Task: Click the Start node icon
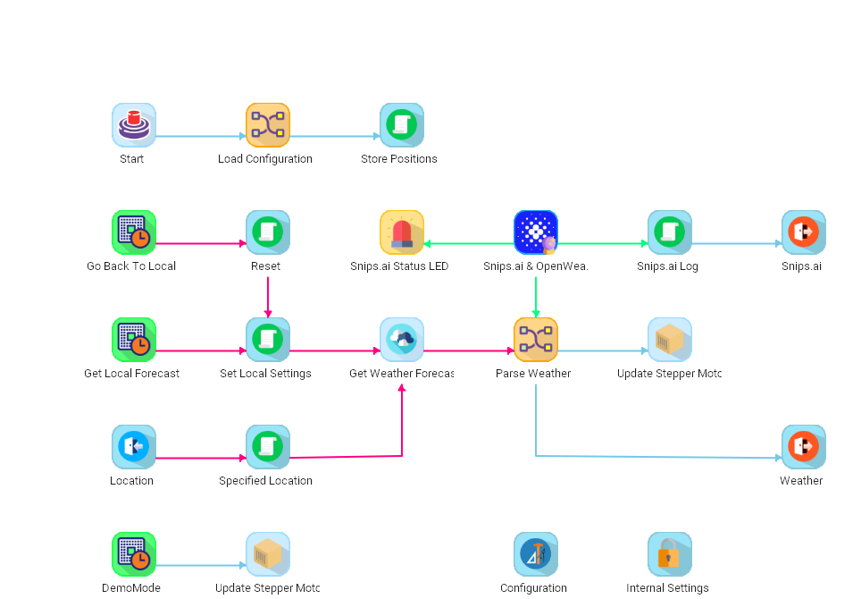[134, 125]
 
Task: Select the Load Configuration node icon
[268, 125]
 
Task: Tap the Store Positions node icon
[402, 125]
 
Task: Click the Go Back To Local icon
[134, 232]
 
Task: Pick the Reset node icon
[268, 232]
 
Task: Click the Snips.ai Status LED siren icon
[402, 232]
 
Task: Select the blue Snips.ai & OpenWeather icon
[536, 232]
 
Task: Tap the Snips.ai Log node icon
[670, 232]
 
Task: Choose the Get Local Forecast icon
[134, 340]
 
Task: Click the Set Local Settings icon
[268, 340]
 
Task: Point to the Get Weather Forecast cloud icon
[402, 340]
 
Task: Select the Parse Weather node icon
[536, 340]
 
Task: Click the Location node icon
[134, 447]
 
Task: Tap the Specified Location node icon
[268, 447]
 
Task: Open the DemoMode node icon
[134, 554]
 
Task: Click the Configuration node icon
[536, 554]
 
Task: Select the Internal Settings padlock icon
[670, 554]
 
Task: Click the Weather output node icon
[803, 447]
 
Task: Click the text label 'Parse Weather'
[533, 374]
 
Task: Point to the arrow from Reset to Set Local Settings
[268, 295]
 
